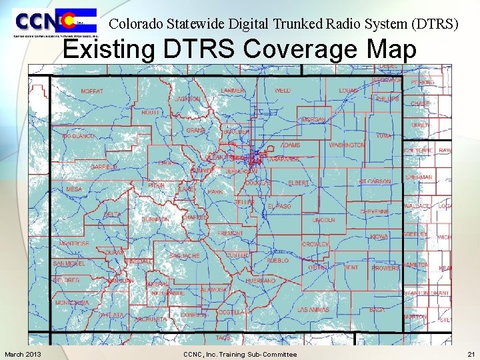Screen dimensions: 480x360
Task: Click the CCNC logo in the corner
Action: point(55,23)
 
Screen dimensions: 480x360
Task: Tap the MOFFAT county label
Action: point(92,91)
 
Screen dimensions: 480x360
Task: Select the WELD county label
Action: point(283,90)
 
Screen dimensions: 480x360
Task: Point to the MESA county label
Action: point(74,189)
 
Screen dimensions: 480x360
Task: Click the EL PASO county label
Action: point(279,207)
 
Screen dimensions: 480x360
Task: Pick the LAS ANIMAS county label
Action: point(313,310)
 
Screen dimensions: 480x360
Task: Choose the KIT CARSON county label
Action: point(375,181)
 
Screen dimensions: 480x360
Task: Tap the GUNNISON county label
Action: point(155,219)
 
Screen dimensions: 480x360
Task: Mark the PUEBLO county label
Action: point(277,261)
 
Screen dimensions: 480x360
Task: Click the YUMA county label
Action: point(383,135)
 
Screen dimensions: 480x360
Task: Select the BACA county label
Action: point(377,310)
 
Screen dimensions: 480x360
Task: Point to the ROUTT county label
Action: point(151,113)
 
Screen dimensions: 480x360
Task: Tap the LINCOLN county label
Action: point(324,219)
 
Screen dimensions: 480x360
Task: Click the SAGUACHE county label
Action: point(185,256)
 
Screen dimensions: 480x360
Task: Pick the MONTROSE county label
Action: point(74,244)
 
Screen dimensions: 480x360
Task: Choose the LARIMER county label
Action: point(233,90)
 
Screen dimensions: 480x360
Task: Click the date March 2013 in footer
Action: point(23,354)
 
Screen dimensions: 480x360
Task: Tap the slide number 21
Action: point(471,354)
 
